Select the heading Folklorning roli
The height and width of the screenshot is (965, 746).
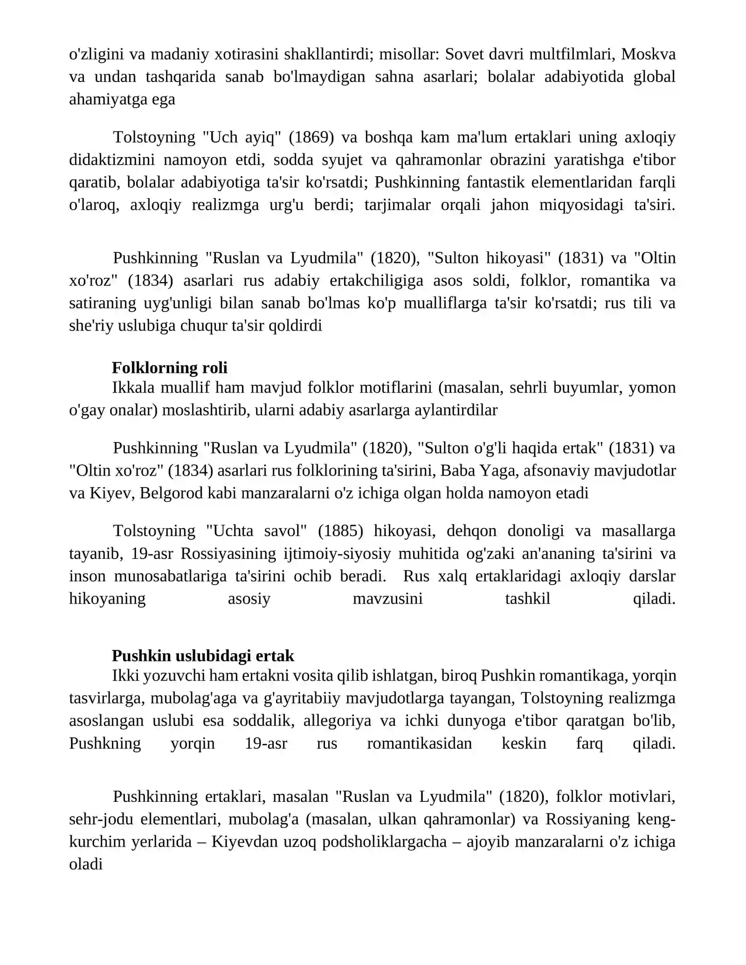[170, 368]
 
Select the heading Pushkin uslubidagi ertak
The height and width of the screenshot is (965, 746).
[203, 656]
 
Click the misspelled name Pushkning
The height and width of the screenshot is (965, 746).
[105, 743]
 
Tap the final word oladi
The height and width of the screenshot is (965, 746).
[86, 864]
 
